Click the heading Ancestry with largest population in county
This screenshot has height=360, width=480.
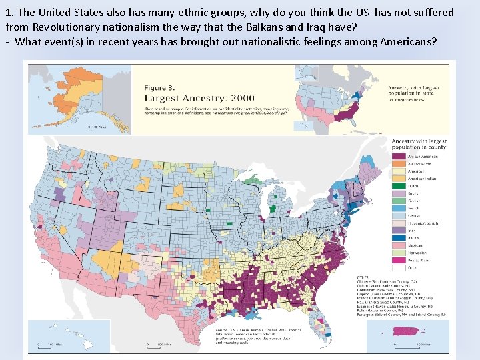[x=418, y=144]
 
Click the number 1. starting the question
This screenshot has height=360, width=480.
[x=9, y=13]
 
